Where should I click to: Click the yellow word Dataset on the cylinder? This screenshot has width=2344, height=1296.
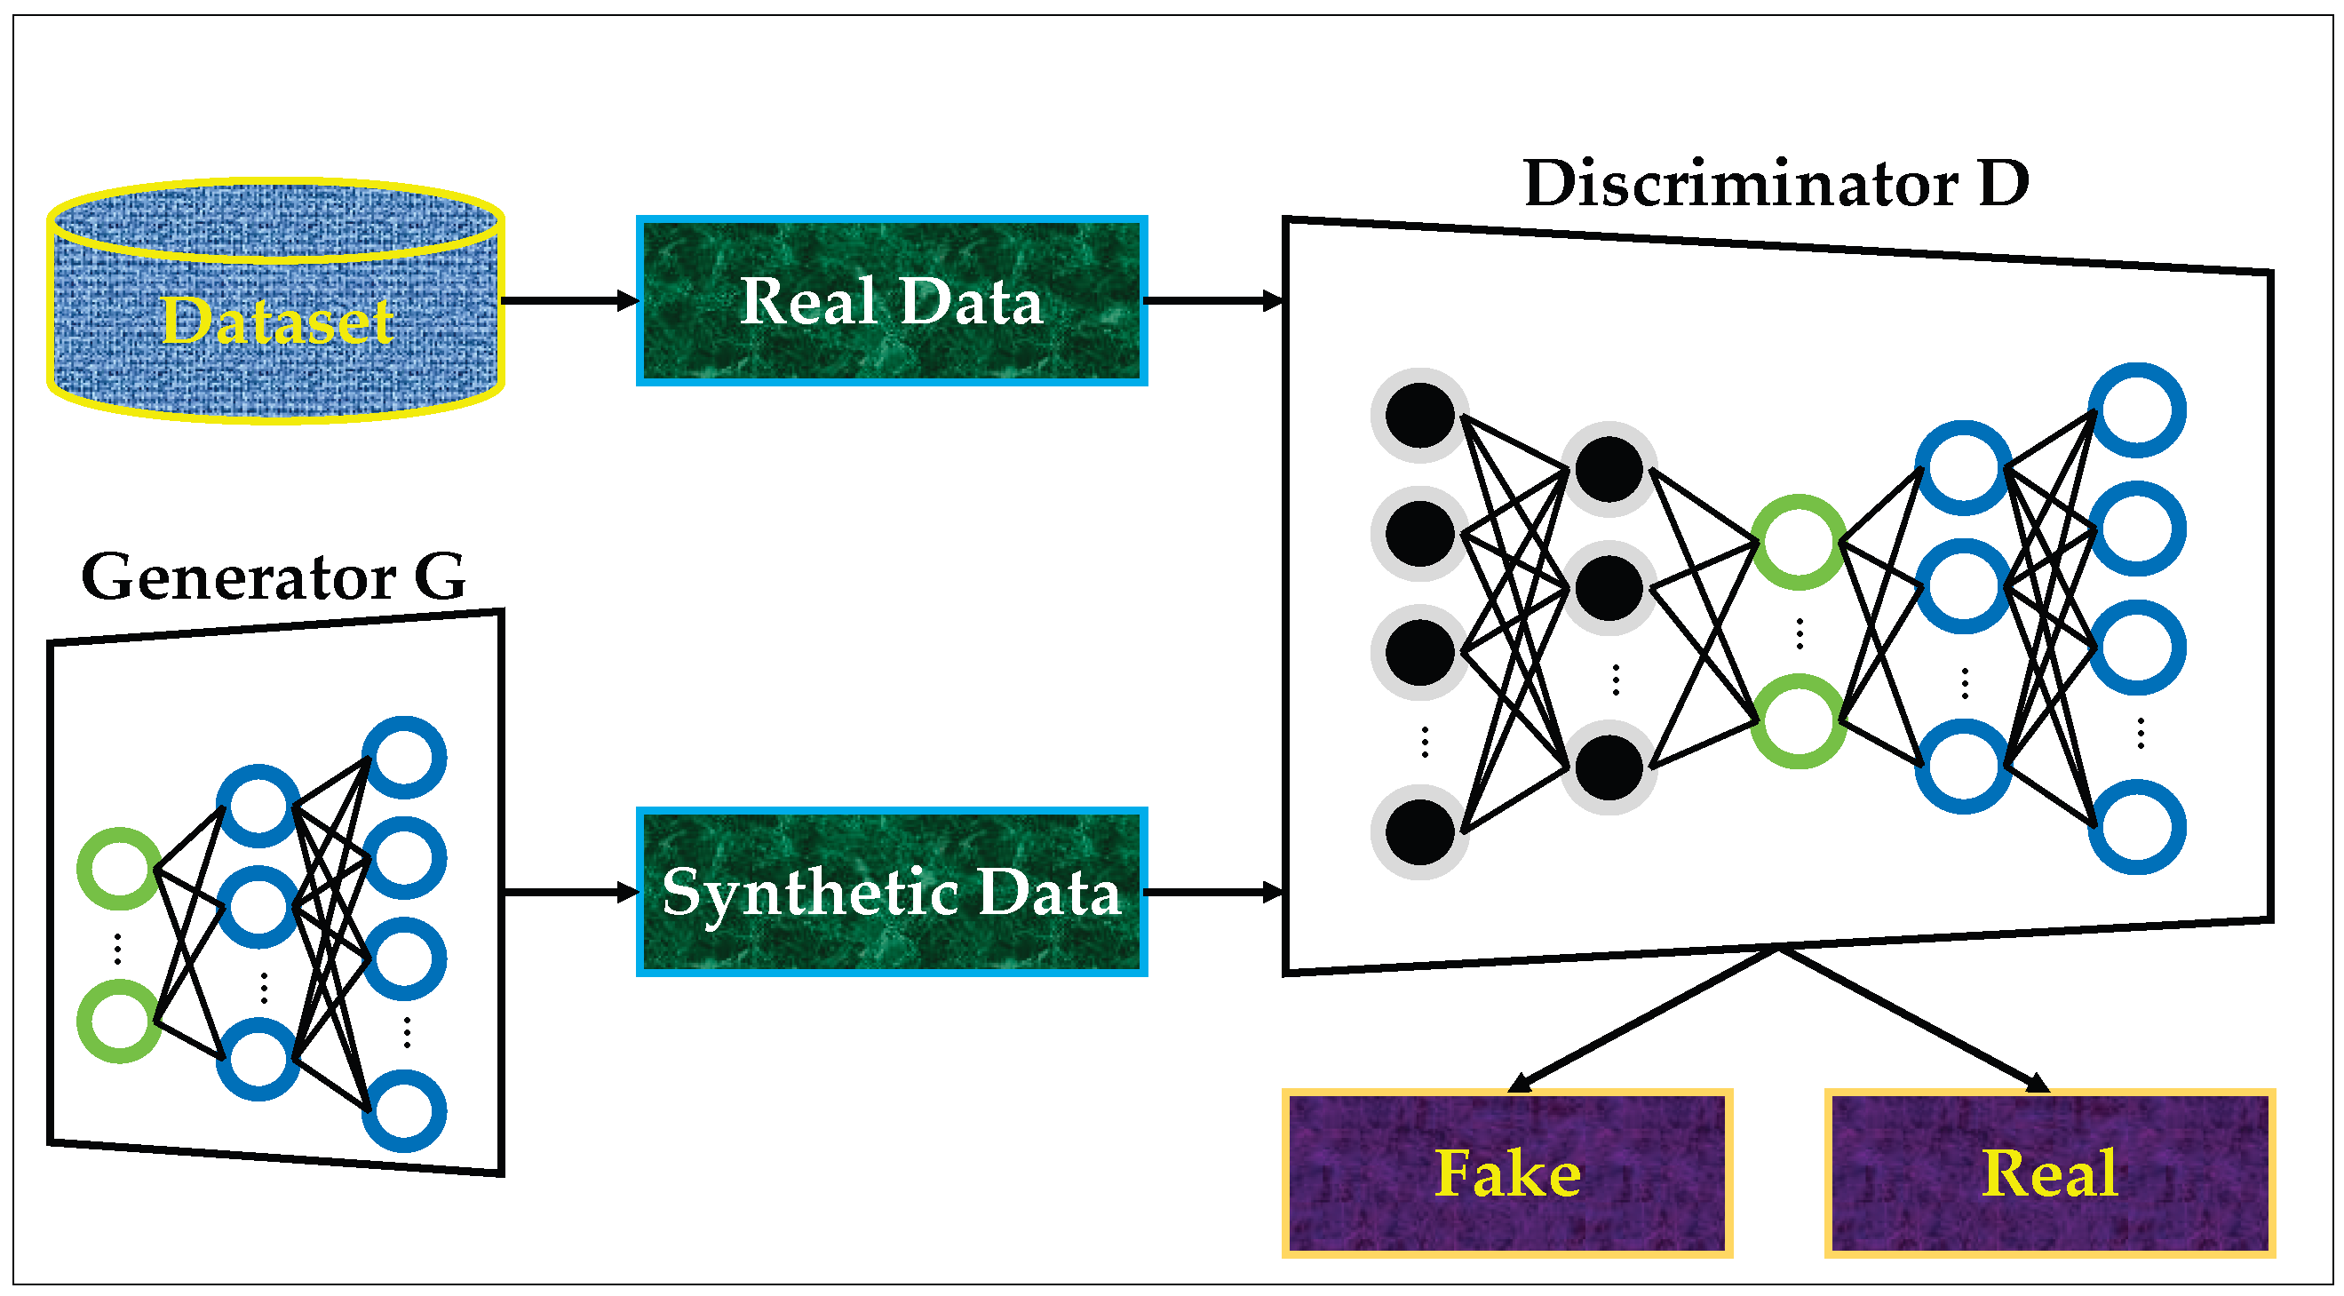[276, 321]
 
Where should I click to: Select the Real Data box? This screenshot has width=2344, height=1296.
[891, 300]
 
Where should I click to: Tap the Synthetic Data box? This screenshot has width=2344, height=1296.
[891, 892]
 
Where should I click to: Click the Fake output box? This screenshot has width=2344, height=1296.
[1506, 1173]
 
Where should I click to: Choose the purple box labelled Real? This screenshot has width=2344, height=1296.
[2049, 1173]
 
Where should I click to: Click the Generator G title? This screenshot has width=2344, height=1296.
[273, 577]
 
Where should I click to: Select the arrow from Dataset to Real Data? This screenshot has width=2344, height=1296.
[569, 300]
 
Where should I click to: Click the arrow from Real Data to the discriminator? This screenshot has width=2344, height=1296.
[1212, 300]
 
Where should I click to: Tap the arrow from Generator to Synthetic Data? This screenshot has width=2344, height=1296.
[569, 892]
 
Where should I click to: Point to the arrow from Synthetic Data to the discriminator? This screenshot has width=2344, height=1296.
[1212, 892]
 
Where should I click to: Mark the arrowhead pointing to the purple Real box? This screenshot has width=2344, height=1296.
[2038, 1083]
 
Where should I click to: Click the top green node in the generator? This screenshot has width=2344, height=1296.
[118, 868]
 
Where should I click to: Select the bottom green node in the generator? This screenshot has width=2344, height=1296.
[118, 1022]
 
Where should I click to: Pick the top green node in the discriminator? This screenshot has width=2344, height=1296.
[1798, 543]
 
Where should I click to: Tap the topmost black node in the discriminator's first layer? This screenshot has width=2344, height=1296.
[1419, 416]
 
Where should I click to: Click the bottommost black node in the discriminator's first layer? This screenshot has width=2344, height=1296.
[1419, 831]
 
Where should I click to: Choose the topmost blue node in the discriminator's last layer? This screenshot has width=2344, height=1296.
[2136, 409]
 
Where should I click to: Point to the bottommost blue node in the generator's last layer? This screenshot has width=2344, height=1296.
[404, 1111]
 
